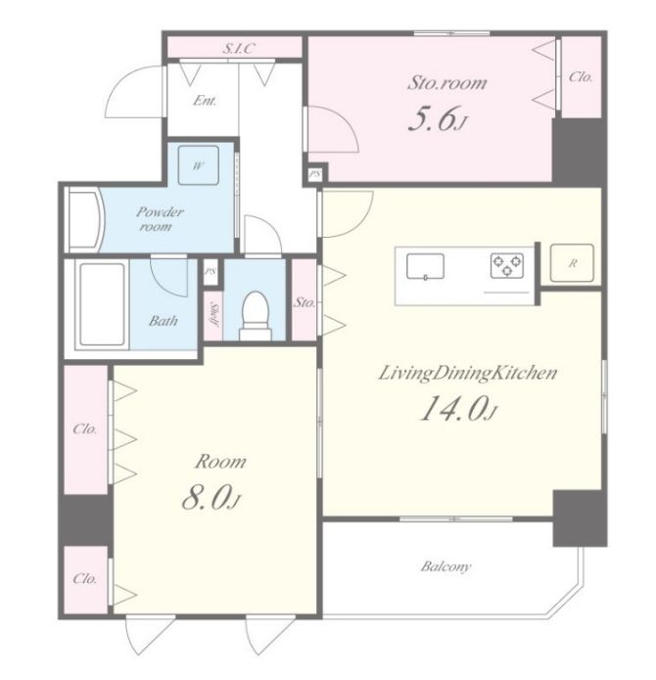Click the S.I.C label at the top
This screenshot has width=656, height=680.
coord(238,49)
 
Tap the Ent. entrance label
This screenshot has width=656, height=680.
coord(205,101)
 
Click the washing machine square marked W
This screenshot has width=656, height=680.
coord(199,165)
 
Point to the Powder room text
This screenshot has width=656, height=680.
coord(160,219)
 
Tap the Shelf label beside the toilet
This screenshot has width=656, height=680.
coord(213,314)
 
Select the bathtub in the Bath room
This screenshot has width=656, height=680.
coord(103,304)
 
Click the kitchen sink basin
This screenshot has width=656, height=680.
coord(425,266)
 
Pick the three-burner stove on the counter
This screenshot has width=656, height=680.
coord(507,265)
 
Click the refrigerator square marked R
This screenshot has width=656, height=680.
coord(572,263)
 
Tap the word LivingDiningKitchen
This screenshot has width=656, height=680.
coord(467,374)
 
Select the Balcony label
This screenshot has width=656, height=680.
coord(445,567)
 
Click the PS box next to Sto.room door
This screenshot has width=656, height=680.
coord(315,175)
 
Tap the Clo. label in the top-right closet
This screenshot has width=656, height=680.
coord(581,77)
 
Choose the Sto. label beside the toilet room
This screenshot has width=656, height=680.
coord(305,302)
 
